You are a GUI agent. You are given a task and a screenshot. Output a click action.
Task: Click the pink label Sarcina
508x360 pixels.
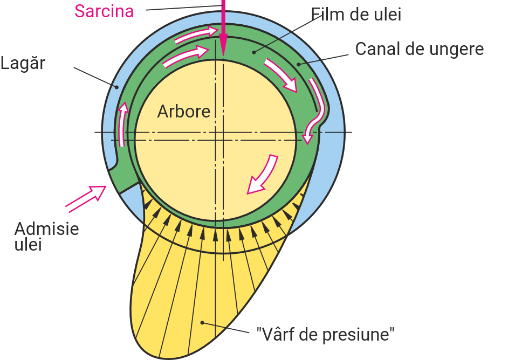pos(104,11)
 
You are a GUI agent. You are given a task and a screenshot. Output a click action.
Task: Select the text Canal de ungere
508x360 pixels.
pos(419,49)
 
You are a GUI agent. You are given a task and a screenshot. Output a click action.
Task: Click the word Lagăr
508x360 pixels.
pos(23,63)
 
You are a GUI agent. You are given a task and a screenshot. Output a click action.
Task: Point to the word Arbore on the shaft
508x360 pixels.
pos(183,112)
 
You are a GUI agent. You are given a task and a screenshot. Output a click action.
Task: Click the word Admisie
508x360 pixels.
pos(47,229)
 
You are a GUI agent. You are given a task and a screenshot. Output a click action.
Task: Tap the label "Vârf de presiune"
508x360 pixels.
pos(325,335)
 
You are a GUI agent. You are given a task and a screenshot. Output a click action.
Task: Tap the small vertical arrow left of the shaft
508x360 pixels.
pos(123,124)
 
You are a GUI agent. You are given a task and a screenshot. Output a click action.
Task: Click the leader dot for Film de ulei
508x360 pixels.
pos(253,52)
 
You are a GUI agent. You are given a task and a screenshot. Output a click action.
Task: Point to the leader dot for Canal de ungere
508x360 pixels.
pos(298,65)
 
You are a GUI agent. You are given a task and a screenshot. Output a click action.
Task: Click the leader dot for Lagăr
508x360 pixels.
pos(114,87)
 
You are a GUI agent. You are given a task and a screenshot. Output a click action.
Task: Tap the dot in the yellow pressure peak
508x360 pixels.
pos(202,323)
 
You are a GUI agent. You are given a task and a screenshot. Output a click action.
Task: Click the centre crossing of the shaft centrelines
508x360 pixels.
pos(215,133)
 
